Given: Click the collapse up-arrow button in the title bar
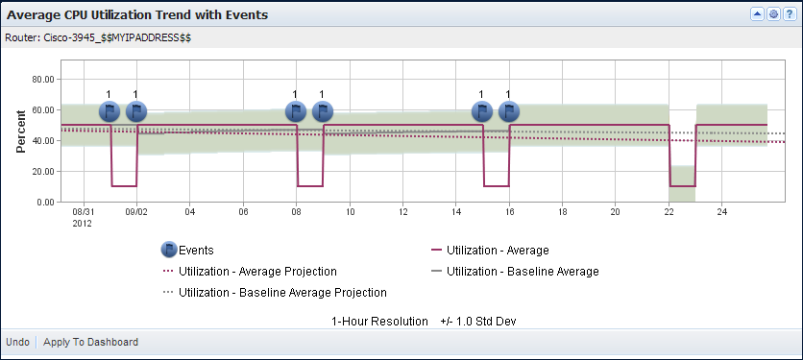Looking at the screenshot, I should tap(757, 15).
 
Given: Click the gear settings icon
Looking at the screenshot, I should tap(772, 15).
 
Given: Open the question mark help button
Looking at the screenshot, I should tap(788, 15).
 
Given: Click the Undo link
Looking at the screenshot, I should tap(17, 342).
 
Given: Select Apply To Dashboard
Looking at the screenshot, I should tap(90, 342).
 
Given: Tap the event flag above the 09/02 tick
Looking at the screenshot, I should tap(136, 111).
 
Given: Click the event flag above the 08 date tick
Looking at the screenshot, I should tap(296, 111).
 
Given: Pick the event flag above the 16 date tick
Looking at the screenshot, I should tap(508, 111).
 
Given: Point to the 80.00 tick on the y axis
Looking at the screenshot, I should tap(43, 80).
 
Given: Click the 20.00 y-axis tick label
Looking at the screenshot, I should tap(43, 172).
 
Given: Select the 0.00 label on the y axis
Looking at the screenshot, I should tap(46, 203).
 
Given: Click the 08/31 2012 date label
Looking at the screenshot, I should tap(84, 216).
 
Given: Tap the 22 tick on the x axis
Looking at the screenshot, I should tap(669, 211).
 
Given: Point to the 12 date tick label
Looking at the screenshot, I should tap(402, 211).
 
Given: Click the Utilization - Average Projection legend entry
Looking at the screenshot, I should tap(257, 272).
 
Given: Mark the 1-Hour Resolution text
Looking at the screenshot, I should tap(379, 321).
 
